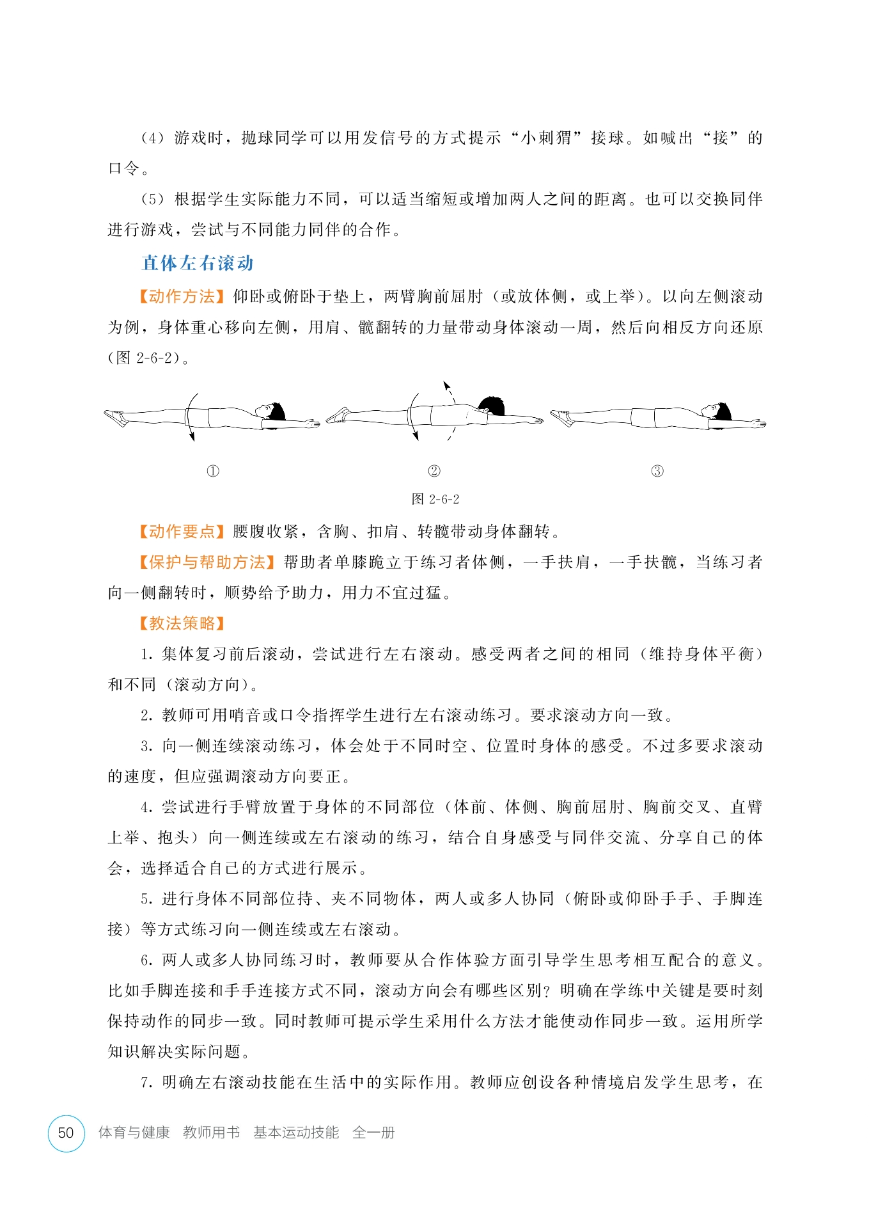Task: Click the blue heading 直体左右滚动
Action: pyautogui.click(x=198, y=263)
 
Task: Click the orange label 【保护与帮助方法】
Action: pyautogui.click(x=207, y=562)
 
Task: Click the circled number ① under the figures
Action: pyautogui.click(x=213, y=472)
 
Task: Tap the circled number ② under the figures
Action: pyautogui.click(x=434, y=472)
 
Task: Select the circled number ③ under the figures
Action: pyautogui.click(x=657, y=472)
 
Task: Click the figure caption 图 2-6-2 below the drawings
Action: pyautogui.click(x=435, y=499)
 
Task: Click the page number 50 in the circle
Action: pyautogui.click(x=66, y=1133)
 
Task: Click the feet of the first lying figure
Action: pyautogui.click(x=116, y=417)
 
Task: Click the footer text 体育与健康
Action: pyautogui.click(x=134, y=1133)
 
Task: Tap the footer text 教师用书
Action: pyautogui.click(x=211, y=1133)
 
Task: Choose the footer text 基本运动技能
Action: pyautogui.click(x=296, y=1133)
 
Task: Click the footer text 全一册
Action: pyautogui.click(x=373, y=1133)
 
